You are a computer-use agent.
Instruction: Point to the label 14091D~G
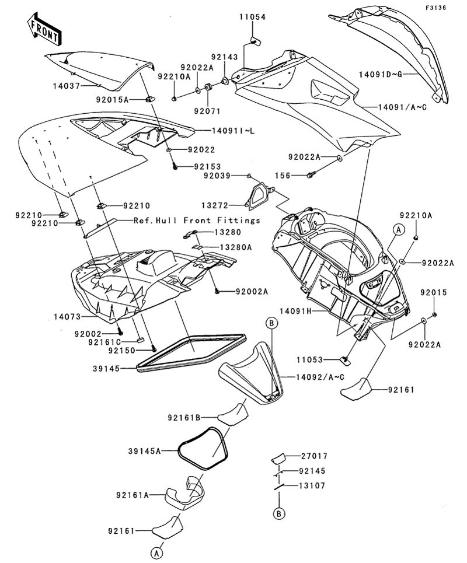383,74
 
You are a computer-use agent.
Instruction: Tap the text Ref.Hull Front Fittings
197,221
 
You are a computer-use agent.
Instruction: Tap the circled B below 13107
280,513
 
